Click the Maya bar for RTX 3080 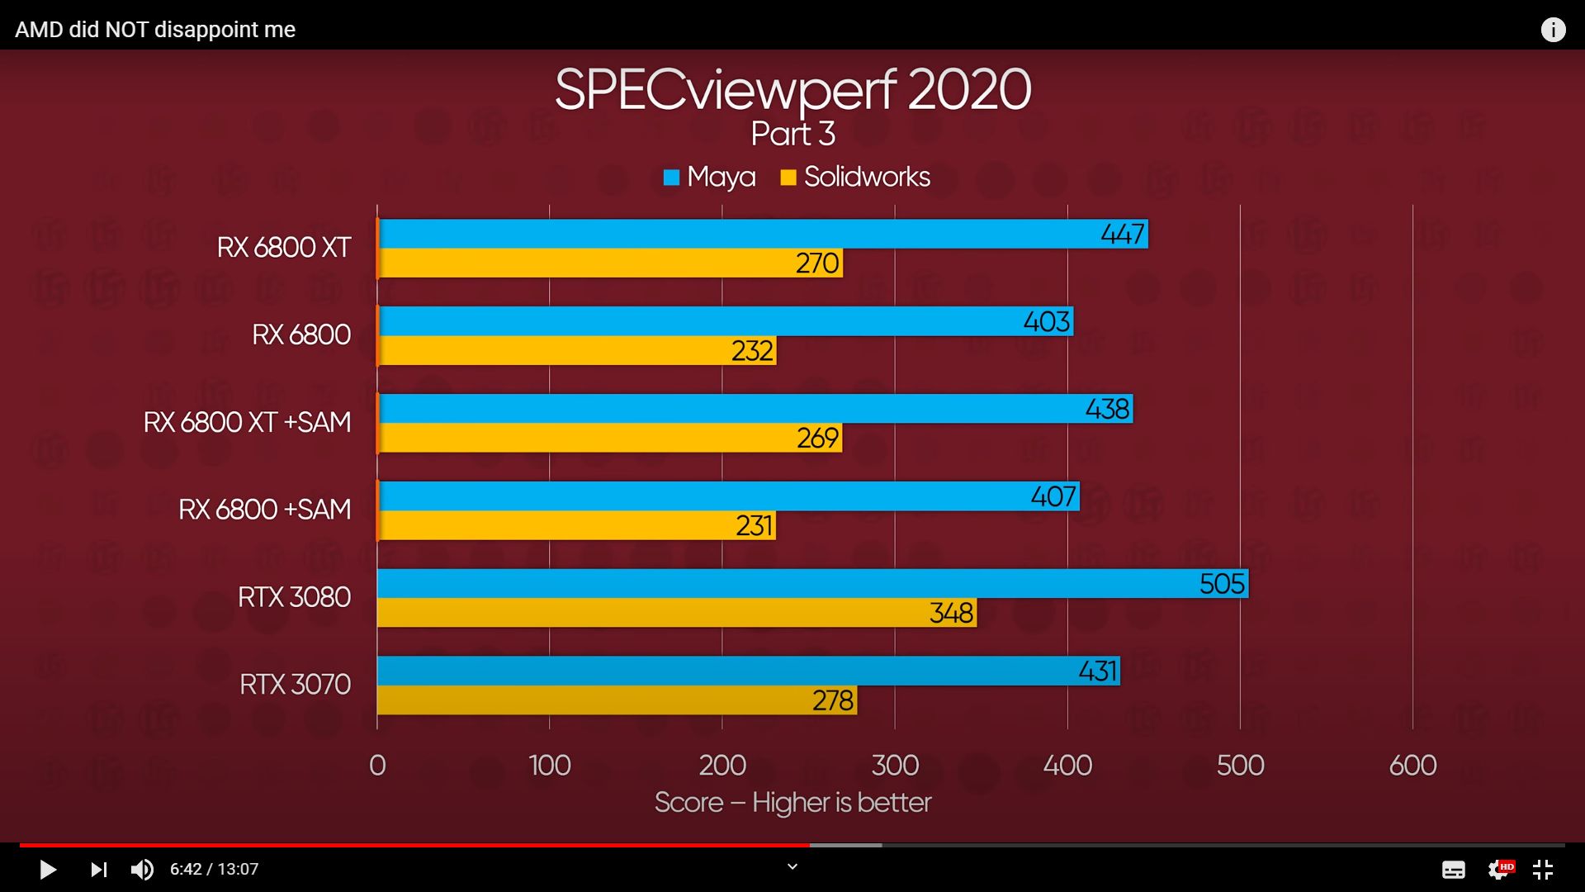point(784,583)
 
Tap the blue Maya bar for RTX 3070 point(726,671)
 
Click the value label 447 point(1123,234)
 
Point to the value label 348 point(952,613)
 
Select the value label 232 point(752,351)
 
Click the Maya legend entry point(710,177)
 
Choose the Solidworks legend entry point(855,177)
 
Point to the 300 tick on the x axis point(895,766)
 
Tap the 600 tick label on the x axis point(1412,766)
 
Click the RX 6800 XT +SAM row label point(247,422)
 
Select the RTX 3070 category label point(295,685)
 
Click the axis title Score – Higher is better point(792,803)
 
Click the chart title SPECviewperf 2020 point(792,89)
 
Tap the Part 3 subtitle point(792,134)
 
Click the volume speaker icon point(142,869)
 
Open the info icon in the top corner point(1553,30)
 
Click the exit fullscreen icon point(1543,869)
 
